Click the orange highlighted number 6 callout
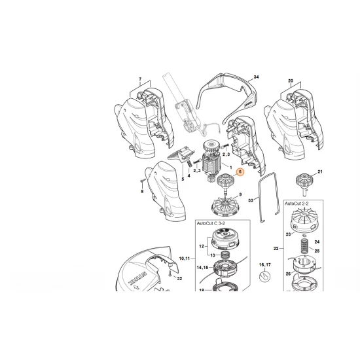coord(240,171)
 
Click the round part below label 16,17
coord(265,278)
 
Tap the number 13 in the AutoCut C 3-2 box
coord(212,256)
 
